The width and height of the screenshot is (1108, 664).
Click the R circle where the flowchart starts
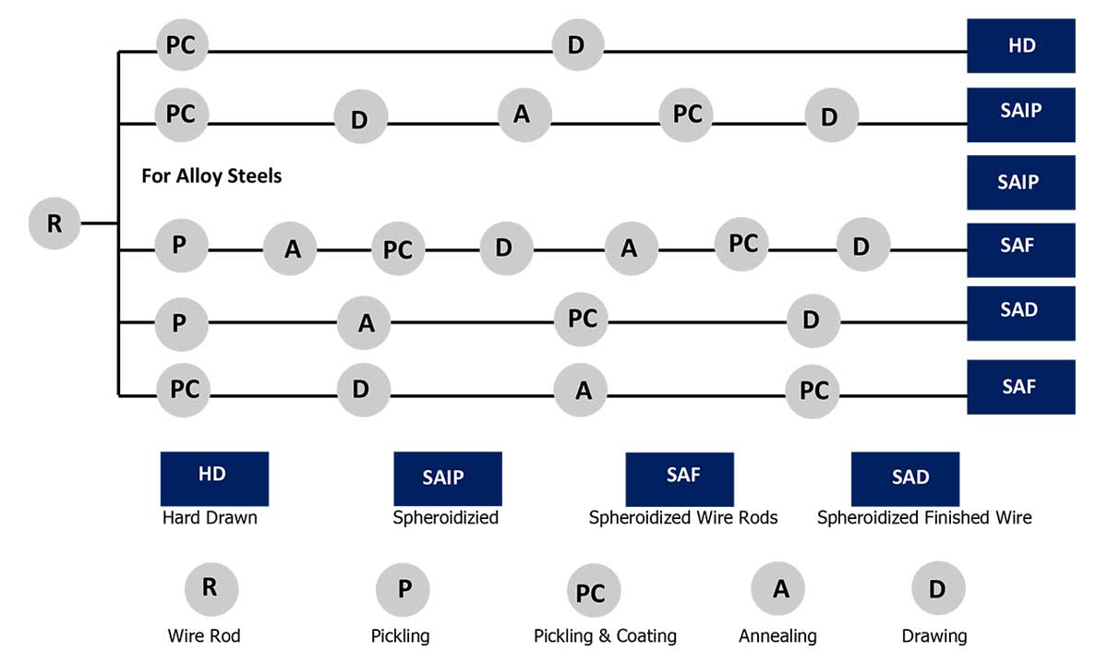54,223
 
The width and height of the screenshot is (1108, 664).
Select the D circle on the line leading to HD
577,44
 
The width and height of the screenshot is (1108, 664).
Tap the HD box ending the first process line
1020,45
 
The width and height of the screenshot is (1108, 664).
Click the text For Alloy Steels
211,175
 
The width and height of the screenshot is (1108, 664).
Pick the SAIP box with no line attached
1020,182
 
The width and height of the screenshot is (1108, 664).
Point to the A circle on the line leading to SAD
365,323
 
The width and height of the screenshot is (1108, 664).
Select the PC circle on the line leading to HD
182,44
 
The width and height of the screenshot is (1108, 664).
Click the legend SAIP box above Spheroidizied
447,477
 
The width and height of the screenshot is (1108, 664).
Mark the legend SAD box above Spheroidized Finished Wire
905,478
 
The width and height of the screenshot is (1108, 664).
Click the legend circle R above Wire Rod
211,588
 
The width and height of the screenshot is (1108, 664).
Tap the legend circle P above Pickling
403,588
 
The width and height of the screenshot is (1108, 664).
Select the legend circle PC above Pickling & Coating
593,592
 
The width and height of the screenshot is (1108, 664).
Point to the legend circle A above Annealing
777,588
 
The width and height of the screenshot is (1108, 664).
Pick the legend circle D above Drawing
937,588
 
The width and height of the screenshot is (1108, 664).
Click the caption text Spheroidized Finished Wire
924,518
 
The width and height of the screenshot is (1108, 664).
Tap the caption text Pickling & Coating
605,636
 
